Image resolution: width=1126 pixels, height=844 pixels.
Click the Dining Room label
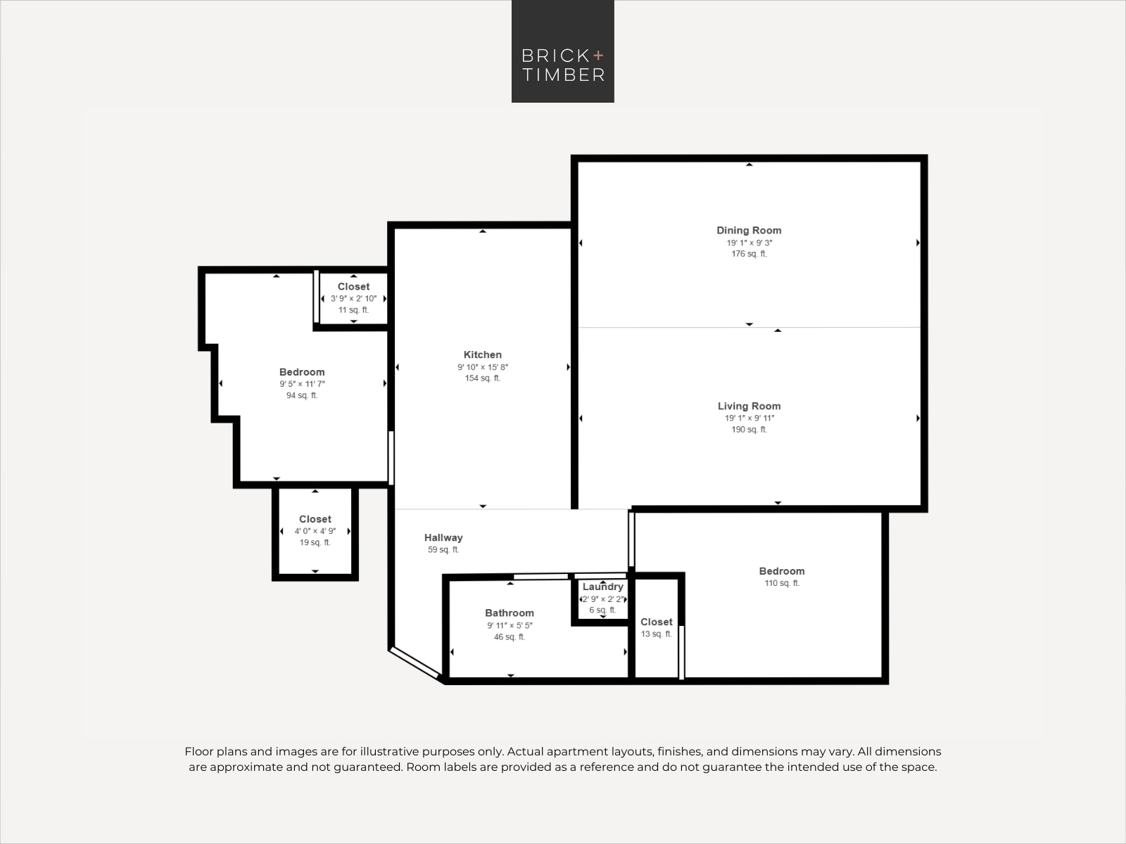tap(749, 231)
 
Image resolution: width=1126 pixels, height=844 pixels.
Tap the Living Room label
tap(749, 406)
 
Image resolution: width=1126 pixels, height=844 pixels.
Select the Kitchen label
tap(483, 354)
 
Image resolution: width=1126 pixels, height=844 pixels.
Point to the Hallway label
tap(443, 537)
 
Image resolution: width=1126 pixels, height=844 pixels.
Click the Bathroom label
tap(510, 613)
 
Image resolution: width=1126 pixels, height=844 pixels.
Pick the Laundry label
tap(602, 587)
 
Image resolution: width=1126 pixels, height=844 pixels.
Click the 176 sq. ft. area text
tap(749, 254)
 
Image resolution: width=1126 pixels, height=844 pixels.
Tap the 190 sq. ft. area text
tap(749, 430)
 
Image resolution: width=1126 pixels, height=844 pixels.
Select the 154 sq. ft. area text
tap(483, 378)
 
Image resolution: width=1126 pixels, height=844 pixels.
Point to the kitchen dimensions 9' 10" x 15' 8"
tap(483, 367)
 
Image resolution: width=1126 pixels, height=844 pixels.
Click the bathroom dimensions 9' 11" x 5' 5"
tap(510, 625)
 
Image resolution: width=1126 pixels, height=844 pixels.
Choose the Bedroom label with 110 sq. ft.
tap(782, 571)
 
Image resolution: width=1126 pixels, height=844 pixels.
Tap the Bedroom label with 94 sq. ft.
tap(302, 372)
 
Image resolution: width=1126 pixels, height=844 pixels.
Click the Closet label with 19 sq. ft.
tap(315, 519)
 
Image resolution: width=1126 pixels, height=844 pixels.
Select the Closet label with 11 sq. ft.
tap(353, 286)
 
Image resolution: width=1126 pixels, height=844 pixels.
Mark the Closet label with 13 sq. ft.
tap(656, 622)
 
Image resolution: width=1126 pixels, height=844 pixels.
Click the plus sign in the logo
tap(598, 55)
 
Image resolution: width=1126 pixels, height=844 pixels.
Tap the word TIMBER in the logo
tap(563, 75)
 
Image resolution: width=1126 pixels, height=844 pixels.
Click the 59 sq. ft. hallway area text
tap(443, 550)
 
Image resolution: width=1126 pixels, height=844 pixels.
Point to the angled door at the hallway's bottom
tap(415, 662)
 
